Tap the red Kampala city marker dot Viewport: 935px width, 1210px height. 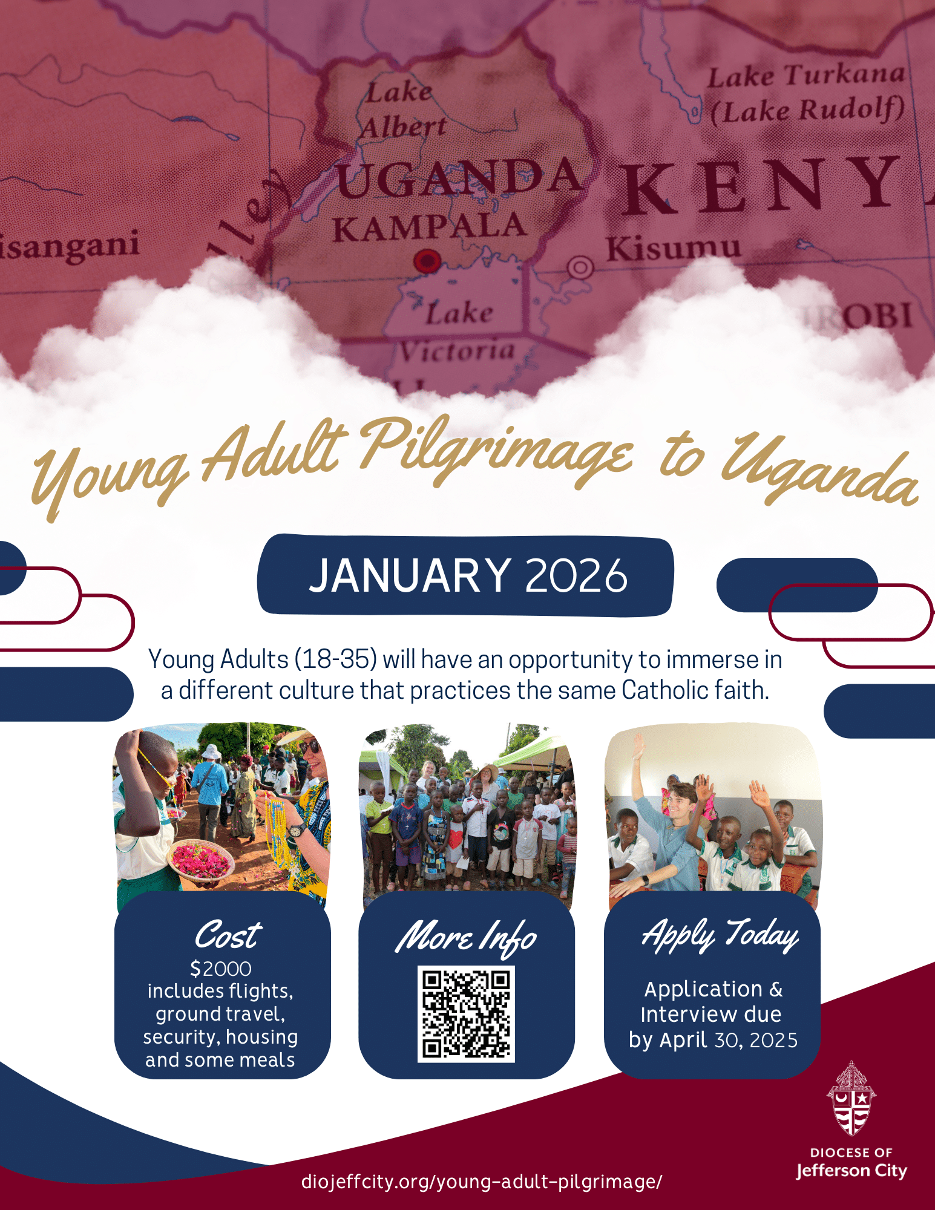[427, 261]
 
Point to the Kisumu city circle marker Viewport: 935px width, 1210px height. [580, 267]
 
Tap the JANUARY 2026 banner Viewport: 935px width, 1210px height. [467, 575]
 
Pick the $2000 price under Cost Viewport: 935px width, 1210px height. [220, 969]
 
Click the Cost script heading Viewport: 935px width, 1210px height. [228, 935]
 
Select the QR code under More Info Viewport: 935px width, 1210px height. [466, 1013]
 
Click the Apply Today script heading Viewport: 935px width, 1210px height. [720, 935]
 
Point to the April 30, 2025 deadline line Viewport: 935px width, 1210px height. [713, 1040]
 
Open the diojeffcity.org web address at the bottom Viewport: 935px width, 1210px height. [482, 1182]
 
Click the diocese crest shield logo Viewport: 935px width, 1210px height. [851, 1098]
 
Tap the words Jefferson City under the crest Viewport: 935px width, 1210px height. [851, 1171]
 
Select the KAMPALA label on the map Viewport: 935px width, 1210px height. [429, 229]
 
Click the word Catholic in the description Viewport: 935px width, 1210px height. [664, 690]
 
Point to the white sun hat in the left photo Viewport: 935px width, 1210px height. [211, 752]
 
